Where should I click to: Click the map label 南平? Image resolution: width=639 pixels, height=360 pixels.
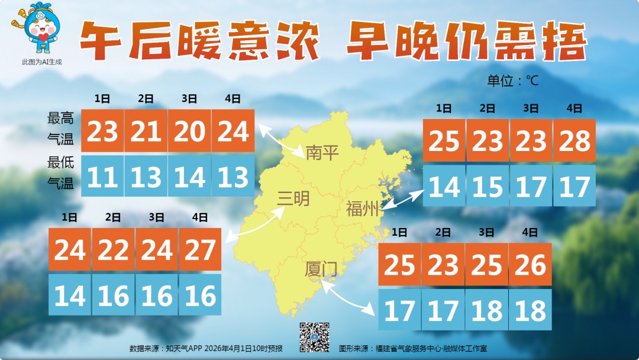click(x=322, y=153)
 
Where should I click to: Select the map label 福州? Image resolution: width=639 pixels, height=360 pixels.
click(x=362, y=209)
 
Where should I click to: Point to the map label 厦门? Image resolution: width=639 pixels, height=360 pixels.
click(x=321, y=270)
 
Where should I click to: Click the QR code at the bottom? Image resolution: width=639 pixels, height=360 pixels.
click(x=314, y=336)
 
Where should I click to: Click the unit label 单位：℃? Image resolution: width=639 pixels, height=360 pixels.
click(x=513, y=81)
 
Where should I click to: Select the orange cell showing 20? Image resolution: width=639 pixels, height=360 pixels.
click(x=189, y=131)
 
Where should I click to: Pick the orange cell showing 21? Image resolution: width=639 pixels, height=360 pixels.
click(x=146, y=131)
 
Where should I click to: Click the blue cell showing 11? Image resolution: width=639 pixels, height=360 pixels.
click(x=102, y=177)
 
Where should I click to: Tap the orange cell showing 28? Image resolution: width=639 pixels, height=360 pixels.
click(x=575, y=141)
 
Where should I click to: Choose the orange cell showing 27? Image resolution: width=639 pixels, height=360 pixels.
click(x=200, y=250)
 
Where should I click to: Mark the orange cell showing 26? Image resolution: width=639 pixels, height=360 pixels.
click(x=530, y=265)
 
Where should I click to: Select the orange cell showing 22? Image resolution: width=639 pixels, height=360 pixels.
click(x=114, y=250)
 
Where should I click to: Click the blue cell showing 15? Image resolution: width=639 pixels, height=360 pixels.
click(x=488, y=187)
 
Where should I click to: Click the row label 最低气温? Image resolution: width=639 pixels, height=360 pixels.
click(x=61, y=172)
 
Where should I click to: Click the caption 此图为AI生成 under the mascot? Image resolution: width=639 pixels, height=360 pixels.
click(x=42, y=62)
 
